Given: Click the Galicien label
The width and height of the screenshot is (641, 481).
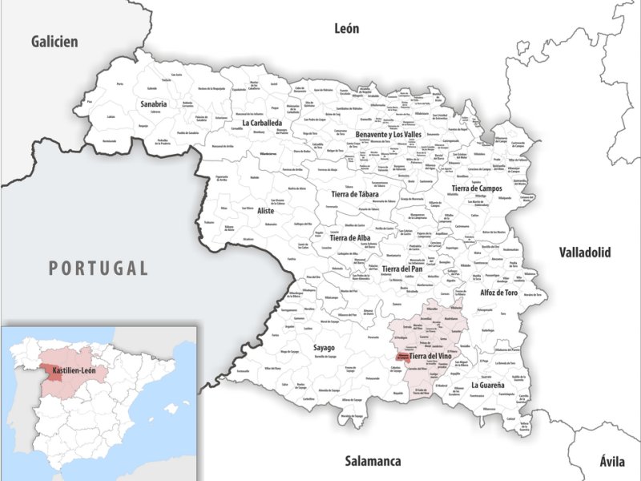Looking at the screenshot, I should pos(54,42).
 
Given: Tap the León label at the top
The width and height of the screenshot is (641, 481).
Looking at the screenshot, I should pos(346,29).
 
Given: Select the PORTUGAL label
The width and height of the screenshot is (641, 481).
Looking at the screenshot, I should pos(99,268).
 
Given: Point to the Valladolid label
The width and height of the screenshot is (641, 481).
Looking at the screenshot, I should pos(587,275).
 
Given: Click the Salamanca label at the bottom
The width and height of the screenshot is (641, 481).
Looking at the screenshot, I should pos(372,461).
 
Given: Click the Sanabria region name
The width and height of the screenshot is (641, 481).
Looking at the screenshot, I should pos(153,104).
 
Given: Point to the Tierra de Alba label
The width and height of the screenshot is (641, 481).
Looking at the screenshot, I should pos(349,238).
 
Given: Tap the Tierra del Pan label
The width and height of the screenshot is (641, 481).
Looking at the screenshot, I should pos(401,269).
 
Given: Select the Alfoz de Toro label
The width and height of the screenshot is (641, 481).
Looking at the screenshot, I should pos(498,293).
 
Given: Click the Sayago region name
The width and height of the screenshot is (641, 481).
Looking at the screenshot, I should pos(323,348).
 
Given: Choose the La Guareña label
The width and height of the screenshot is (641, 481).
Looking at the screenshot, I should pos(488,386).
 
